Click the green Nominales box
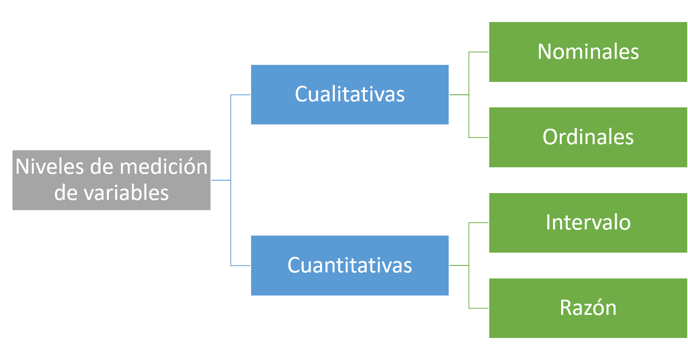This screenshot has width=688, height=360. click(x=588, y=52)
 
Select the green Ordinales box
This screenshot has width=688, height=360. click(x=588, y=137)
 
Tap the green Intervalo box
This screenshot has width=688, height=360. click(x=588, y=223)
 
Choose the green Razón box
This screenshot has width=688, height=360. click(x=588, y=308)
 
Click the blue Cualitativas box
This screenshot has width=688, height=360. click(x=350, y=94)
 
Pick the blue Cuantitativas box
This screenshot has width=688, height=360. click(x=350, y=266)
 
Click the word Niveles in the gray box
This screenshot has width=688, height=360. click(x=50, y=167)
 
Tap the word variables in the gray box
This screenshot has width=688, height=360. click(x=126, y=193)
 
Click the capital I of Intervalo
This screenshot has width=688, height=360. click(x=548, y=222)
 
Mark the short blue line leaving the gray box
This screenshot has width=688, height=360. click(x=221, y=180)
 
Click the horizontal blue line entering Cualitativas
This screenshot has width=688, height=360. click(x=240, y=95)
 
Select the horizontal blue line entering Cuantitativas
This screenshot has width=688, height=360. click(x=240, y=266)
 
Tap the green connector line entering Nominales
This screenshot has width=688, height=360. click(x=479, y=52)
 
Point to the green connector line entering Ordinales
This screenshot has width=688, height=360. click(x=479, y=137)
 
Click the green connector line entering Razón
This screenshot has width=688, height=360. click(x=479, y=308)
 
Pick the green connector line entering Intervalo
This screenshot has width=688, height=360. click(x=479, y=223)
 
